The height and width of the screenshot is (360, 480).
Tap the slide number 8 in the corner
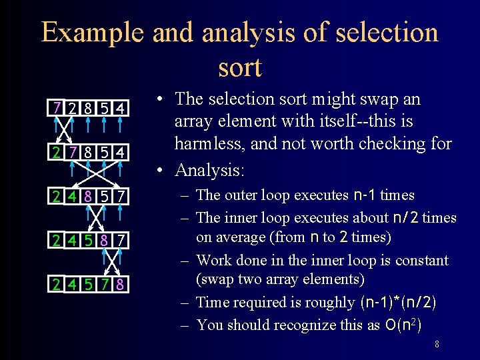point(436,345)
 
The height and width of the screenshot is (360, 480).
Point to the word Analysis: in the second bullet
point(210,170)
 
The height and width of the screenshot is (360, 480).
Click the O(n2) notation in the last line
point(402,325)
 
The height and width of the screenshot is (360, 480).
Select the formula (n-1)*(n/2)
point(398,302)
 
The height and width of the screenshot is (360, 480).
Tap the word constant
point(419,260)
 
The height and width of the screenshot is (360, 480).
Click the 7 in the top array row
point(59,107)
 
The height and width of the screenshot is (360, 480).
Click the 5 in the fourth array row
point(89,239)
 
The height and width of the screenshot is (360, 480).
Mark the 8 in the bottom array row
point(120,285)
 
